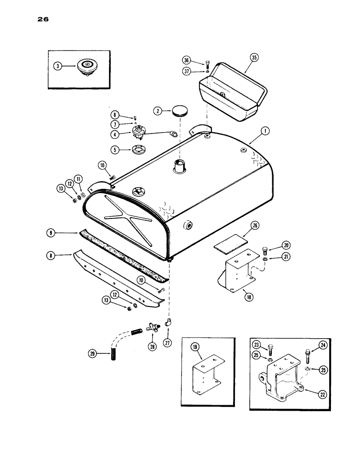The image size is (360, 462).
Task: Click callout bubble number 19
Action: (x=200, y=344)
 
